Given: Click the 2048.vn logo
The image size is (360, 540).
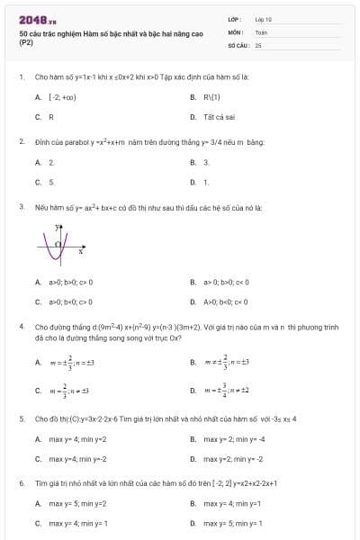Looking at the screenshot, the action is (38, 19).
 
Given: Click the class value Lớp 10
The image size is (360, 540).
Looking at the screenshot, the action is (264, 18).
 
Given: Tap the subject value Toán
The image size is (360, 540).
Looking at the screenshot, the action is (261, 31).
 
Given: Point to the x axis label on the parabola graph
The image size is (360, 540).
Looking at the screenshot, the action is (81, 252).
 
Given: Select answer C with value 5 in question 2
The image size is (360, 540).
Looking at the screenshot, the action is (45, 182).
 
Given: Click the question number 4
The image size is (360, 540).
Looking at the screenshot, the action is (22, 327).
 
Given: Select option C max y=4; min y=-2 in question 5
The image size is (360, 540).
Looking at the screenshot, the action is (72, 459).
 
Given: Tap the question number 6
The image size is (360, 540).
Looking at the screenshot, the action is (22, 483).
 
